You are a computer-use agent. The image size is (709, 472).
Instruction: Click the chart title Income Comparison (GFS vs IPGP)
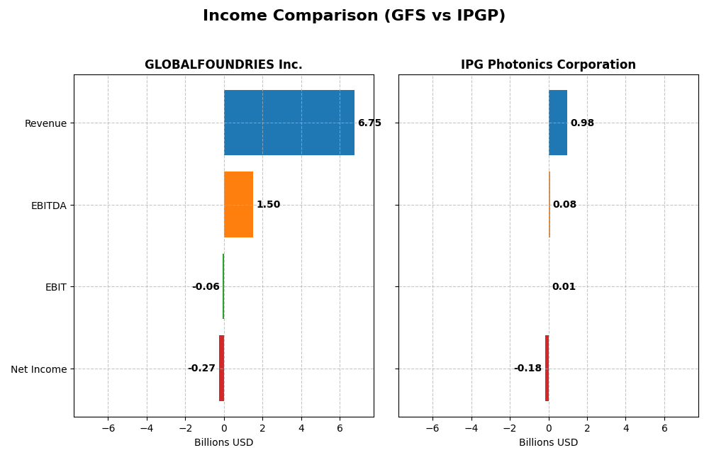[354, 16]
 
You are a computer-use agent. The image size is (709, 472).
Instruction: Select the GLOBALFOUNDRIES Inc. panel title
[223, 64]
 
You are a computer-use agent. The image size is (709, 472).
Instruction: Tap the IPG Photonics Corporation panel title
[548, 64]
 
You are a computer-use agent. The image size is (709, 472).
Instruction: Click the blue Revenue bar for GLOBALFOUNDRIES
[289, 123]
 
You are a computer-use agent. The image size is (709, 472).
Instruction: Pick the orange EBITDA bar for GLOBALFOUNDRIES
[238, 205]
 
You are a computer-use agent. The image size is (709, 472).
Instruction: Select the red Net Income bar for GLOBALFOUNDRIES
[221, 369]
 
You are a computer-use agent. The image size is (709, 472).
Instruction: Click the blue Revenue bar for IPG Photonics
[558, 123]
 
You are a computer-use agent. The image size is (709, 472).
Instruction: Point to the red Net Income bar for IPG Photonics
[547, 369]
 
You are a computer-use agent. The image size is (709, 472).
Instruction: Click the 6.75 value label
[369, 123]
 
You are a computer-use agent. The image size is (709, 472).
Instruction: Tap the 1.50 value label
[268, 205]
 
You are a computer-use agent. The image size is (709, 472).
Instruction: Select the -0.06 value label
[206, 287]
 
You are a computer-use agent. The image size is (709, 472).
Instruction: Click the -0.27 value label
[201, 369]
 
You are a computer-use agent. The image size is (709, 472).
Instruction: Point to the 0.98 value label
[582, 123]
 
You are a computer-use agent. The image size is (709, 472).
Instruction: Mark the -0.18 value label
[527, 369]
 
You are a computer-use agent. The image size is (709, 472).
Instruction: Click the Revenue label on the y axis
[45, 123]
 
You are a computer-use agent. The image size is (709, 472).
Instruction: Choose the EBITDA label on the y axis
[48, 206]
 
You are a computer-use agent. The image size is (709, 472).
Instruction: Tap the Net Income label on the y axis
[38, 369]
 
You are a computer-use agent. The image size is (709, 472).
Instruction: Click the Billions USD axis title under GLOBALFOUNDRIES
[223, 443]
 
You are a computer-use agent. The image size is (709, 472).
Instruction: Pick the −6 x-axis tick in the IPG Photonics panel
[432, 428]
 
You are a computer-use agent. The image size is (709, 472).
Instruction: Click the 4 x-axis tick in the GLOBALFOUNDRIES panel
[301, 428]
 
